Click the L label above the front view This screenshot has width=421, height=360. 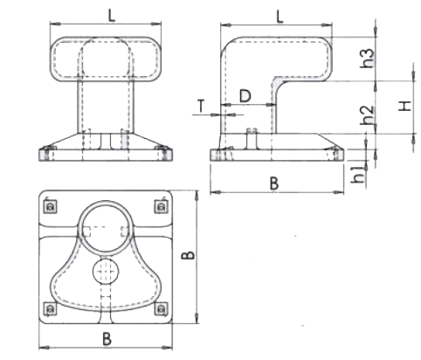point(112,16)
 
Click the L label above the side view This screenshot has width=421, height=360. point(280,17)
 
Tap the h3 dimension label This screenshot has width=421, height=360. point(367,59)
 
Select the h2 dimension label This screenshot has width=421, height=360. point(367,114)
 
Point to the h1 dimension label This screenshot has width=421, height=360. point(358,174)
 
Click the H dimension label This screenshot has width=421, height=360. point(404,106)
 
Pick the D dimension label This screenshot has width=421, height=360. point(245,96)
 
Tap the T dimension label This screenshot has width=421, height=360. point(201,106)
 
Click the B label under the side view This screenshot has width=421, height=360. point(274,183)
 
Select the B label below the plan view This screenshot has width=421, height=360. point(107,339)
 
